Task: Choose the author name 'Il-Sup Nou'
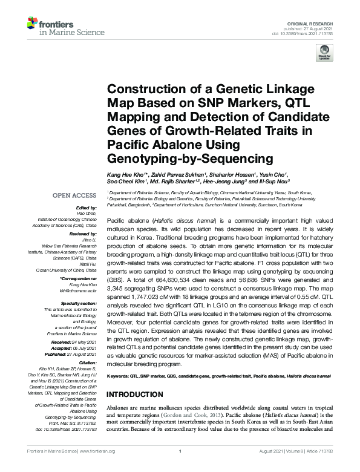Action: click(x=275, y=181)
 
